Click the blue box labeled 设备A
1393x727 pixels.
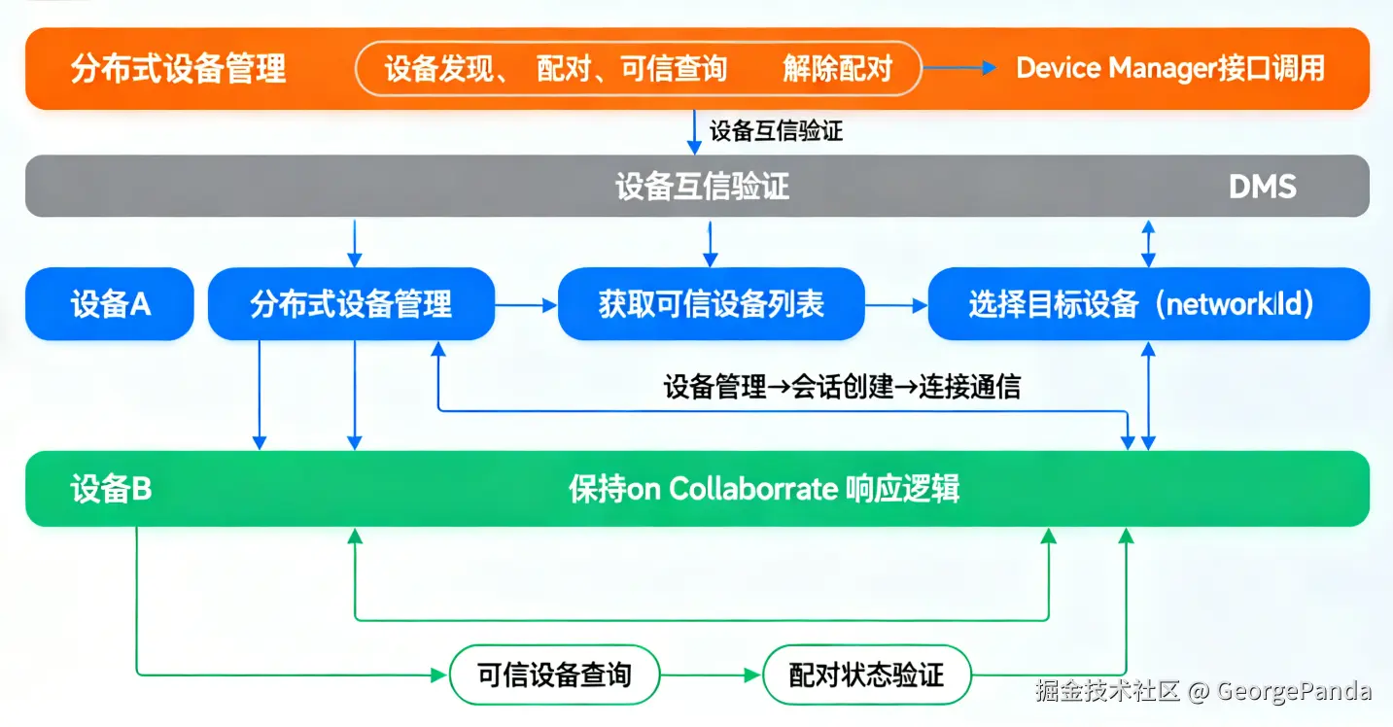click(x=110, y=304)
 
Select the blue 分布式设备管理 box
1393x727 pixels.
click(x=351, y=304)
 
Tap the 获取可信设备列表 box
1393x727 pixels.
click(x=712, y=304)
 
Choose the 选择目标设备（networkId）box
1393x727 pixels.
click(x=1148, y=304)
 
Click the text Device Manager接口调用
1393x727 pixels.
click(x=1170, y=68)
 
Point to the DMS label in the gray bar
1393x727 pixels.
click(x=1263, y=186)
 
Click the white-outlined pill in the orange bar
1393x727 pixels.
click(x=638, y=68)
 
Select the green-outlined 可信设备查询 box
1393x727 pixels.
click(x=555, y=675)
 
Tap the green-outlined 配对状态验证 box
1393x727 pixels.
click(x=867, y=675)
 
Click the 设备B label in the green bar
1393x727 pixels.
click(x=111, y=489)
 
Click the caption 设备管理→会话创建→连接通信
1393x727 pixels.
click(x=842, y=387)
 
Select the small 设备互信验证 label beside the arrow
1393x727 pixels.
click(x=776, y=131)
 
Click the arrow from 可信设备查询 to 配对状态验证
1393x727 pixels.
click(x=712, y=675)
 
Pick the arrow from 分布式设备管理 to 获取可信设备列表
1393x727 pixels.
click(x=526, y=305)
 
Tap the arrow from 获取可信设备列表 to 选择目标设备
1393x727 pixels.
click(x=896, y=305)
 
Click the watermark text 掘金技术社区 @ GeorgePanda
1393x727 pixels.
click(x=1203, y=691)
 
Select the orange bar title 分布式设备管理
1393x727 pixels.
click(x=178, y=69)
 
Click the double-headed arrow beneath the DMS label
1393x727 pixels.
click(x=1149, y=242)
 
